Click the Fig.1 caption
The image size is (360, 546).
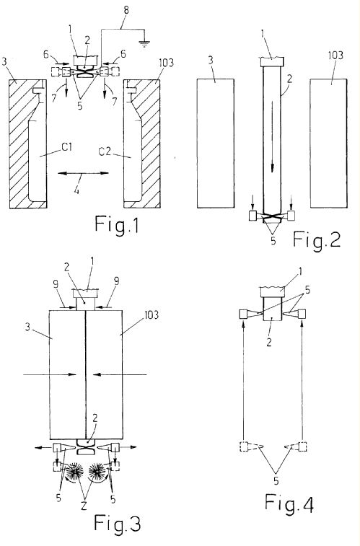[x=117, y=224]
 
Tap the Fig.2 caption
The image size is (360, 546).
[x=317, y=239]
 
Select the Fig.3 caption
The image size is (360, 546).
[x=118, y=524]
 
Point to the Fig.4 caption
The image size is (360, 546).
[x=289, y=503]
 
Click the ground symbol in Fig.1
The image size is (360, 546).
[x=144, y=43]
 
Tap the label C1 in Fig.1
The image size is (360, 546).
[x=67, y=148]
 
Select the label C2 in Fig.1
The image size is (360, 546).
[x=105, y=151]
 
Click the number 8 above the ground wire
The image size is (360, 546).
[x=126, y=10]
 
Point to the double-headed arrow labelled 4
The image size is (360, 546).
[x=83, y=172]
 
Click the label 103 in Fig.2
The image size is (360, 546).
[x=335, y=55]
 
